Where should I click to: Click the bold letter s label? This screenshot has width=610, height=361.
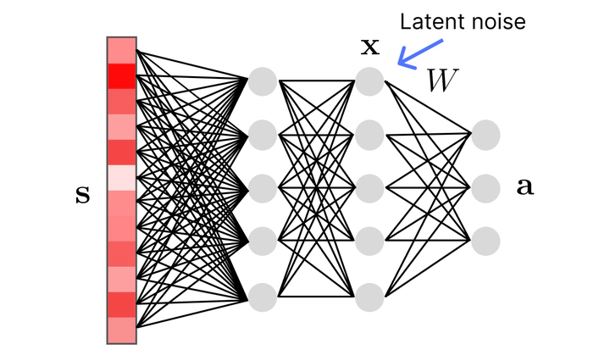pyautogui.click(x=82, y=197)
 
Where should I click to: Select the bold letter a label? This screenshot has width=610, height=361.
pyautogui.click(x=525, y=187)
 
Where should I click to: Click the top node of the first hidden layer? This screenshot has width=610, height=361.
pyautogui.click(x=262, y=81)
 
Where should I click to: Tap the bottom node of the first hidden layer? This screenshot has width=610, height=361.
pyautogui.click(x=262, y=297)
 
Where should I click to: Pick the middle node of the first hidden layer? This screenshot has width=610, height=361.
pyautogui.click(x=262, y=187)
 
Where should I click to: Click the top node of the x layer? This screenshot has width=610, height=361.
pyautogui.click(x=370, y=81)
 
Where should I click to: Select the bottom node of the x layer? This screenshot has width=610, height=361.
pyautogui.click(x=370, y=297)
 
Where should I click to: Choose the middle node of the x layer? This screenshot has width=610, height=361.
pyautogui.click(x=370, y=187)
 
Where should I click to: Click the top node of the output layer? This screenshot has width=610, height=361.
pyautogui.click(x=486, y=134)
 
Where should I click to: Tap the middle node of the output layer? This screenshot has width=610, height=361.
pyautogui.click(x=486, y=187)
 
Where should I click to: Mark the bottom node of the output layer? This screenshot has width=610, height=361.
pyautogui.click(x=486, y=241)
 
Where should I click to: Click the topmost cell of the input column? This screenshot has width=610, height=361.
pyautogui.click(x=122, y=50)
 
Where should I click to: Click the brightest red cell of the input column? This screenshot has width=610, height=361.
pyautogui.click(x=122, y=75)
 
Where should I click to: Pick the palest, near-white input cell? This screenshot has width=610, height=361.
pyautogui.click(x=122, y=178)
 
